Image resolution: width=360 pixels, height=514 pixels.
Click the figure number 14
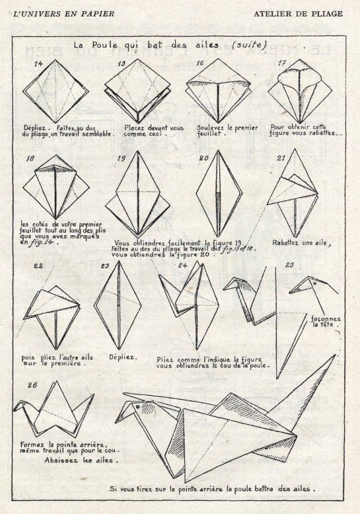[38, 63]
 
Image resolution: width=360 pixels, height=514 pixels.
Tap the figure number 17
[281, 63]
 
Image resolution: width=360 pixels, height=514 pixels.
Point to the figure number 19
[122, 159]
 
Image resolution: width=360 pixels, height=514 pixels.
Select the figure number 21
[281, 158]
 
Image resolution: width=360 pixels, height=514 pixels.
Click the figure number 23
[105, 266]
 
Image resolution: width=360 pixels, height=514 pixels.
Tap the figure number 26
[32, 385]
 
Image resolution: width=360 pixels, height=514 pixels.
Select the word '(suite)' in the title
[249, 44]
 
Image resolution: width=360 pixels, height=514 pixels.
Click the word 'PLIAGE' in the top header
[328, 14]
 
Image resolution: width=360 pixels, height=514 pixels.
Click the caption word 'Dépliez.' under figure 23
[124, 357]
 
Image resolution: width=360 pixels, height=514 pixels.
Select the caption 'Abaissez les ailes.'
[81, 460]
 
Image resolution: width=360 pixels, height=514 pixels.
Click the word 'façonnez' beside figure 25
[326, 319]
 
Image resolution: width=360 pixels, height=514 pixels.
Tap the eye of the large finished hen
[138, 407]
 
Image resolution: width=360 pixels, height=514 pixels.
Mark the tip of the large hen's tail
[335, 355]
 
